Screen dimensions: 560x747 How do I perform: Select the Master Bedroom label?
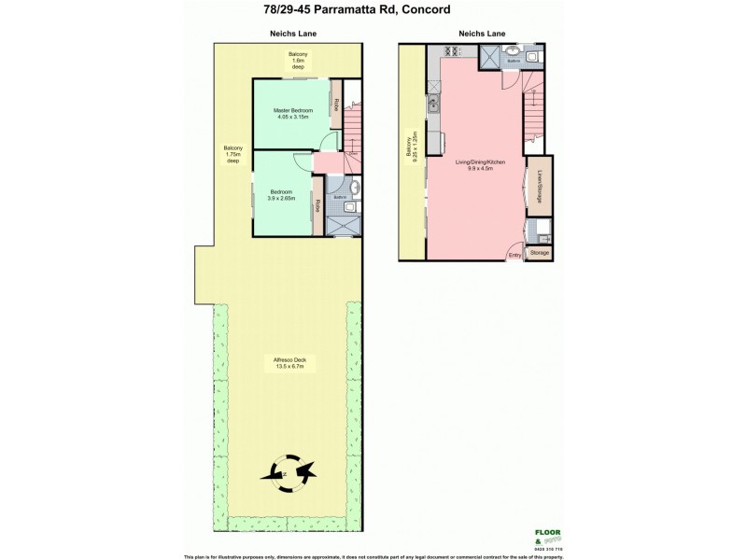292,114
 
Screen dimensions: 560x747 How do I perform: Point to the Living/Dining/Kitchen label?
480,165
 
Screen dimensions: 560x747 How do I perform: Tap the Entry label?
514,254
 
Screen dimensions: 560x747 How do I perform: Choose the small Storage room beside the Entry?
540,253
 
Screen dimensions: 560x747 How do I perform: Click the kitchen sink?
434,105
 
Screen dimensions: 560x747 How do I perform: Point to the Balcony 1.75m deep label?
233,155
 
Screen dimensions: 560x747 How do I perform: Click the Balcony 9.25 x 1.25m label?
411,147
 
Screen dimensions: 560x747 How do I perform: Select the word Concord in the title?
425,10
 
